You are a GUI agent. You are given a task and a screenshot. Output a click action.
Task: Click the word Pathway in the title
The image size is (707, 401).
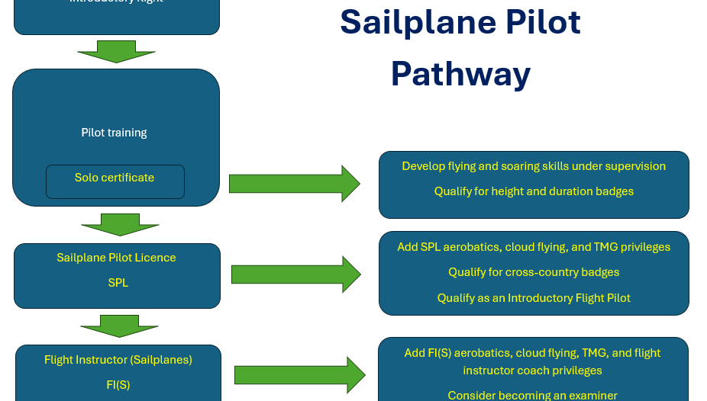(460, 75)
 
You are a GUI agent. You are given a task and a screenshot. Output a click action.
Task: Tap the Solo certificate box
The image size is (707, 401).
(115, 178)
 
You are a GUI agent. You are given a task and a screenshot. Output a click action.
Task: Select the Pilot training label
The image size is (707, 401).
(114, 133)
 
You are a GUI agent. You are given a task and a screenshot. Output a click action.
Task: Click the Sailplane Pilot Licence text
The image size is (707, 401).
(116, 258)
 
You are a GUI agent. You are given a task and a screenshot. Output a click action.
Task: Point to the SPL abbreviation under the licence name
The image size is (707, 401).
(118, 283)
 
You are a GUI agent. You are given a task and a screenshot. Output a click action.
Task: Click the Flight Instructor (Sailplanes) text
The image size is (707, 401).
(118, 360)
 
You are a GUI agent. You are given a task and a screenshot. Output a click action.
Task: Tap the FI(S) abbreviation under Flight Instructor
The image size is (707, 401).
(118, 385)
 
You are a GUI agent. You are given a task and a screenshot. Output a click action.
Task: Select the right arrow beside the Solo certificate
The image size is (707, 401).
(294, 184)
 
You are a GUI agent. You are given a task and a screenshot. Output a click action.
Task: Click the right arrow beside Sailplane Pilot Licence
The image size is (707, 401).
(295, 274)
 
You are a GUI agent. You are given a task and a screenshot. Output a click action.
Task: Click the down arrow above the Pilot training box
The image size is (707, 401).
(116, 52)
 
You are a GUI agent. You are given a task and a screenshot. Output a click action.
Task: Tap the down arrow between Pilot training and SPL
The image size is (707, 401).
(120, 224)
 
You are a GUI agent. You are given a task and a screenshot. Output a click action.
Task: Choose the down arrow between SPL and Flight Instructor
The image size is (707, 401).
(119, 326)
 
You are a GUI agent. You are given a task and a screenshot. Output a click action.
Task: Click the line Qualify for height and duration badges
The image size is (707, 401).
(534, 191)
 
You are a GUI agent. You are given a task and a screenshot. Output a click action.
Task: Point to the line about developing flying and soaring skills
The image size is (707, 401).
(534, 166)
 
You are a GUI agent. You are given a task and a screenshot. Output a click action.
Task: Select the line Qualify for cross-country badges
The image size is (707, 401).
(534, 272)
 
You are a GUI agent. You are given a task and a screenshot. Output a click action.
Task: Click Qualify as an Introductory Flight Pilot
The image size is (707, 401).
(534, 298)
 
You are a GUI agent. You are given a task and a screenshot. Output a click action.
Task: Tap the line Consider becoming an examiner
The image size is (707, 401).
(532, 395)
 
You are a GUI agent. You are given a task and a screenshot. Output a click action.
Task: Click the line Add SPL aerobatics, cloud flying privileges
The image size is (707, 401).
(534, 247)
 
